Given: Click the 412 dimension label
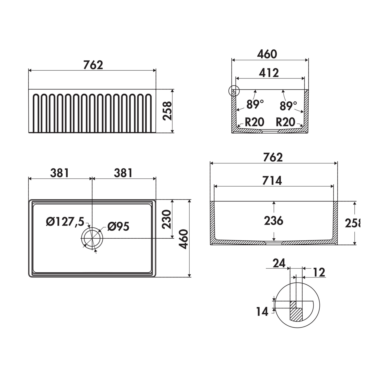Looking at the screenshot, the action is point(269,73).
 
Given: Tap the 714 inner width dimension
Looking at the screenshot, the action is point(272,181).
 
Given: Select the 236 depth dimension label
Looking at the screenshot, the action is point(274,221).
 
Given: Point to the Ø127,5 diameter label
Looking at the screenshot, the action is point(65,222).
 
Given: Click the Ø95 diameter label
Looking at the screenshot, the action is point(118,226).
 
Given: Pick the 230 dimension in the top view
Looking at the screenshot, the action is point(167,219).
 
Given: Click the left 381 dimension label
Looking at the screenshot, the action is point(59,173).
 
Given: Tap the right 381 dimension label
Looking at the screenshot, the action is point(123,173).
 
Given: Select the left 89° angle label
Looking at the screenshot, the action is point(255,104).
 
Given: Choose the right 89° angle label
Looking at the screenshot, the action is point(288,106).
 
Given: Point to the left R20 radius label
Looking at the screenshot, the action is point(254,122).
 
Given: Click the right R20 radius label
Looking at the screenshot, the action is point(285,122).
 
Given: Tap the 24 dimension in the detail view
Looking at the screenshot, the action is point(279,263).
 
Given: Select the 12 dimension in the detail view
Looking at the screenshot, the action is point(319,272).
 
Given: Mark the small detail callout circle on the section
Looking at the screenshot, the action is point(234,91).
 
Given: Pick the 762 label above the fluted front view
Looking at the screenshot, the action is point(93,65).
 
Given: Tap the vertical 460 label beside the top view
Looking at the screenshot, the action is point(183,239).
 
